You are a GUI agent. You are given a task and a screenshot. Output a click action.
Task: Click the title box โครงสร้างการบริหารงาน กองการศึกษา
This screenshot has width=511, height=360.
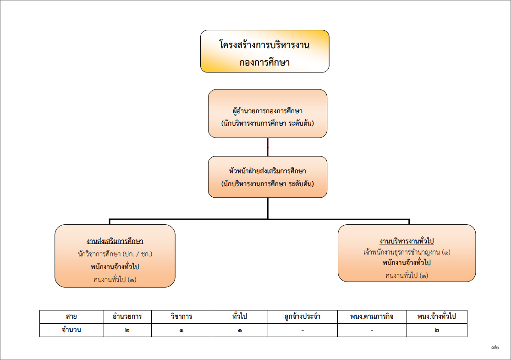264,51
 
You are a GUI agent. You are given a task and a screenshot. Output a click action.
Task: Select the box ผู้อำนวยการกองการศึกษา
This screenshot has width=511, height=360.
268,113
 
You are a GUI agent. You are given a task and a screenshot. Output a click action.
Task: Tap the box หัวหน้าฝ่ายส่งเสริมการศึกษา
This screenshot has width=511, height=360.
268,177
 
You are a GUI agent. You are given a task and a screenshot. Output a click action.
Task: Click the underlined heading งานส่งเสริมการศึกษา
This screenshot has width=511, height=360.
115,241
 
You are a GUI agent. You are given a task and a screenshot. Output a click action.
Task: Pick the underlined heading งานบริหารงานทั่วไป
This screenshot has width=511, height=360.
407,241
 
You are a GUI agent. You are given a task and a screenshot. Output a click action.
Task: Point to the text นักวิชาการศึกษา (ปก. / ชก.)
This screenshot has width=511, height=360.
115,254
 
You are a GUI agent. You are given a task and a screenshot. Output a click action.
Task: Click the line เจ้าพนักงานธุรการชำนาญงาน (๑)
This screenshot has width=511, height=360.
407,252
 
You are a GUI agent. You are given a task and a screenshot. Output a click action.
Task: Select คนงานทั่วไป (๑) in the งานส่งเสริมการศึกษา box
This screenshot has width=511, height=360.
115,279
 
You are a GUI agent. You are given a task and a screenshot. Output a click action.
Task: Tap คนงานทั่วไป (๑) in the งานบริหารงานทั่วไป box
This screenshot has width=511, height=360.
407,276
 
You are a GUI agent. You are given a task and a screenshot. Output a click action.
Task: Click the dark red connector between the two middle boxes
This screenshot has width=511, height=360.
268,147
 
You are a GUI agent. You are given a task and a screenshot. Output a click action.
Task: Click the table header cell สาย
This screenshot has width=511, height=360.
71,316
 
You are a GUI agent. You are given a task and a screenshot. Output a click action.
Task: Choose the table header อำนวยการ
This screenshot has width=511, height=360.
127,316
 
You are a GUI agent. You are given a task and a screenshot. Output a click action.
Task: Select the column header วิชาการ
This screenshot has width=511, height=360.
181,316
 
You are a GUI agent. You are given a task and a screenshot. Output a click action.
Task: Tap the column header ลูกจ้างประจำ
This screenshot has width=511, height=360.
302,316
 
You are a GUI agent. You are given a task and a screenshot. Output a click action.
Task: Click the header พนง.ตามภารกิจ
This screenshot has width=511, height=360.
372,316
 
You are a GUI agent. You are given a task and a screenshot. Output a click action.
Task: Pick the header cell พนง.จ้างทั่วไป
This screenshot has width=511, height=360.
437,316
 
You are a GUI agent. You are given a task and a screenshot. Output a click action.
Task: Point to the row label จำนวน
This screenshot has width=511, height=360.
71,330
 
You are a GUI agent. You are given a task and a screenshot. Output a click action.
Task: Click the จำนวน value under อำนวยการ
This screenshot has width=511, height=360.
127,330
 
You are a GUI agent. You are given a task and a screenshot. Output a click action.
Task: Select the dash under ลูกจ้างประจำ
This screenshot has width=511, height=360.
302,330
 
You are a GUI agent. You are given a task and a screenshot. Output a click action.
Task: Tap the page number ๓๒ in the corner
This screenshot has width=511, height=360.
495,348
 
